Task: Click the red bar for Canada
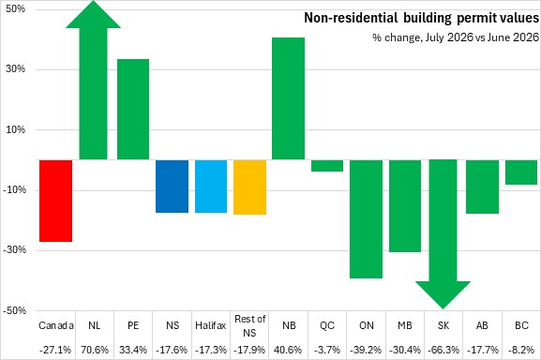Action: point(55,201)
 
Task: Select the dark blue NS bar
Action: point(172,187)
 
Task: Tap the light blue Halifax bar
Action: point(211,187)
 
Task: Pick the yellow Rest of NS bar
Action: point(249,187)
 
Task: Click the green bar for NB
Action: point(289,98)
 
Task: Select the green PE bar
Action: point(133,110)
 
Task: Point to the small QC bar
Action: point(327,166)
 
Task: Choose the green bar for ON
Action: point(366,219)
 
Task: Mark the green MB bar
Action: point(405,206)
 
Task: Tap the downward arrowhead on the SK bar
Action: point(443,293)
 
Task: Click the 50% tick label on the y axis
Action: point(16,8)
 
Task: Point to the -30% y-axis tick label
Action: point(14,250)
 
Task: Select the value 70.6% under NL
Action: point(95,350)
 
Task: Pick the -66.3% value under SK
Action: point(443,350)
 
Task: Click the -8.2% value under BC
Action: point(521,350)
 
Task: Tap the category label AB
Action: point(482,325)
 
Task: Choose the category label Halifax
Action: point(210,325)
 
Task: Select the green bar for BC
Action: point(521,172)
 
